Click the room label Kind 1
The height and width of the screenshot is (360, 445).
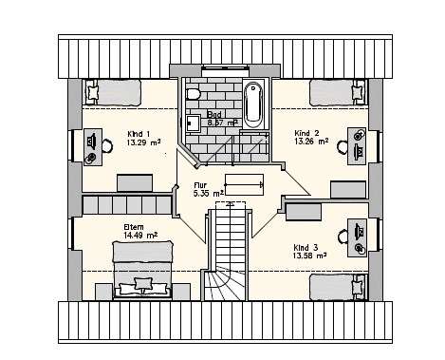pos(139,133)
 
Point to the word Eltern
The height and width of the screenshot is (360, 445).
pos(135,227)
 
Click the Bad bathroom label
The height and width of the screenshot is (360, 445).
pos(214,114)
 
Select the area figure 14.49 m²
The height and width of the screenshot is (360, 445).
pos(139,236)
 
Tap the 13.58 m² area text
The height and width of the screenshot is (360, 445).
pos(310,255)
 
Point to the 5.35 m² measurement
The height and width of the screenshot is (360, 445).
pos(208,193)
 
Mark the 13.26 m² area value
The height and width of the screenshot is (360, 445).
pos(311,142)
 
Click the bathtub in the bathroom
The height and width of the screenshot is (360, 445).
pos(252,104)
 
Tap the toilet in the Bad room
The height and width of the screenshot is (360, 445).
pos(192,96)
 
